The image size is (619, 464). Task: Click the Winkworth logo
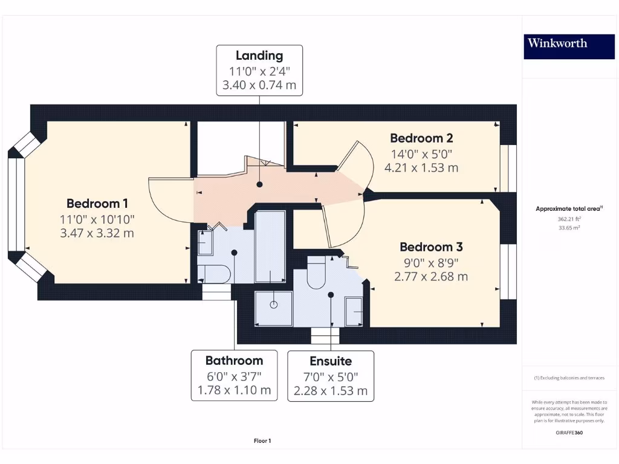tap(557, 43)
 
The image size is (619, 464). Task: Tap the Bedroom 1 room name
tap(97, 204)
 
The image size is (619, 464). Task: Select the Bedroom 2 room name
tap(421, 138)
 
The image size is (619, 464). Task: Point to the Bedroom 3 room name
tap(431, 247)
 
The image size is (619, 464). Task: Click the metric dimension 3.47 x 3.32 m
tap(97, 233)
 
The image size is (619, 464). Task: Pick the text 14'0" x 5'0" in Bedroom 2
tap(421, 153)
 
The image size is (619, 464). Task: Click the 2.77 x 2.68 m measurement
tap(431, 277)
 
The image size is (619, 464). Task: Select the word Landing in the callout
tap(259, 56)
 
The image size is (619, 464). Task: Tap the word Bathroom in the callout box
tap(234, 361)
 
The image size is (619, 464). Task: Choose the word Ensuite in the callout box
tap(330, 361)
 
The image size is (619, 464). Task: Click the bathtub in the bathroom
tap(270, 246)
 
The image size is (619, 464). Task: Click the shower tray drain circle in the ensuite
tap(273, 304)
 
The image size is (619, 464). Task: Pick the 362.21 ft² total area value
tap(569, 219)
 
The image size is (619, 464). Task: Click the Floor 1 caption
tap(262, 441)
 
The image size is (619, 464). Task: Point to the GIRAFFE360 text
tap(568, 433)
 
